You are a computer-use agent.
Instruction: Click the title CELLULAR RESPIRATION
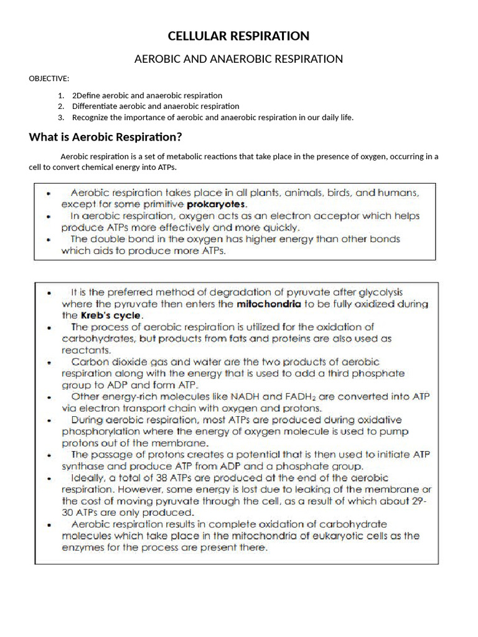(239, 36)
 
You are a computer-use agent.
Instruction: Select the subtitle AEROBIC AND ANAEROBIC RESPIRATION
(239, 59)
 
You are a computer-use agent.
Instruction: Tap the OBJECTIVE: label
(49, 78)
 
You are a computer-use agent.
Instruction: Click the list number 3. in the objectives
(61, 117)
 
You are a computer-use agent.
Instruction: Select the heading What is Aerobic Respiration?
(105, 137)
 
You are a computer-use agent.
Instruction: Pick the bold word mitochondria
(269, 304)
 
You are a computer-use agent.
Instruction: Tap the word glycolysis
(379, 292)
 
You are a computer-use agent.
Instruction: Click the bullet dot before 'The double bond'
(49, 239)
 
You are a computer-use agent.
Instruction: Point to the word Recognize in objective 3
(91, 117)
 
